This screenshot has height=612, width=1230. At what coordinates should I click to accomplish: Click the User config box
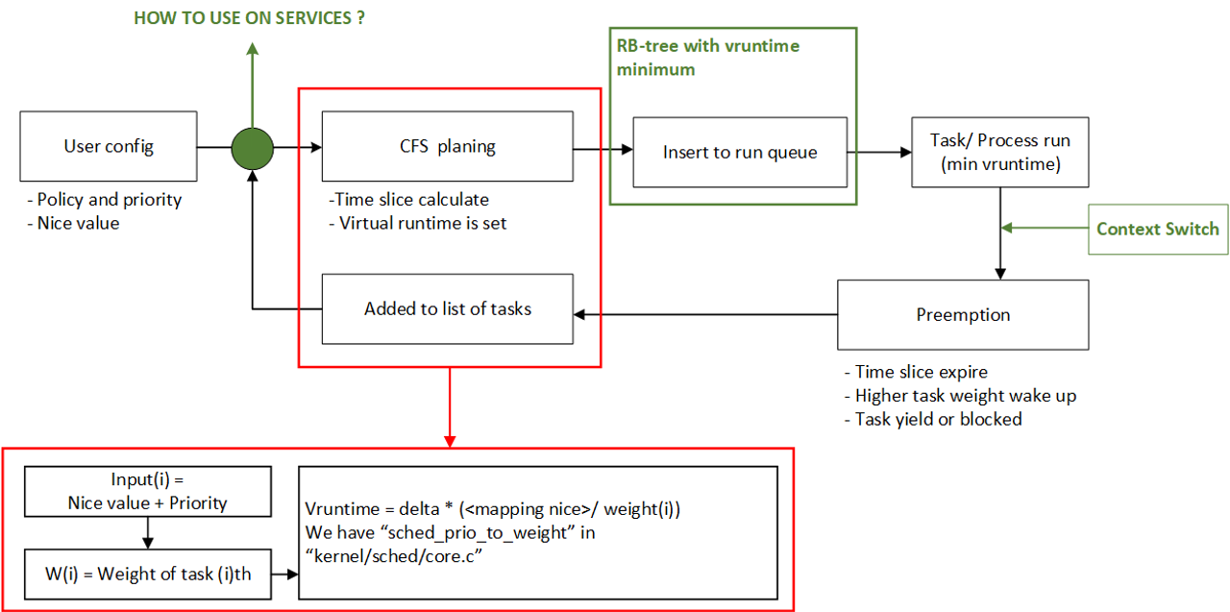click(x=109, y=146)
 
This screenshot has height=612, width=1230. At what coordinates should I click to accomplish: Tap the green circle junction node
click(x=253, y=147)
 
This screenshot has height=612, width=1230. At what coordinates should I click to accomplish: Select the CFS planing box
click(x=447, y=146)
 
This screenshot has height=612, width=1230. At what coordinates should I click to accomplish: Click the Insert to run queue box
click(x=740, y=152)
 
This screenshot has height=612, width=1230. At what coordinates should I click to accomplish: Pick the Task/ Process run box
click(x=999, y=152)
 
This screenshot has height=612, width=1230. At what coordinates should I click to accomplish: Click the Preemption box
click(x=963, y=315)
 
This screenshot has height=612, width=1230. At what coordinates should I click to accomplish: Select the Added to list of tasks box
click(x=447, y=308)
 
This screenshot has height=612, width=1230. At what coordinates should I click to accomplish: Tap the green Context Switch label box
click(x=1158, y=230)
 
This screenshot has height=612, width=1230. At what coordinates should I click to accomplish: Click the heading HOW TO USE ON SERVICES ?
click(x=249, y=18)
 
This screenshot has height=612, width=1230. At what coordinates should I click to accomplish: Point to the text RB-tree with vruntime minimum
click(x=707, y=58)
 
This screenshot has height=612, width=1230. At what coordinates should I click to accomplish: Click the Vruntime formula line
click(x=492, y=510)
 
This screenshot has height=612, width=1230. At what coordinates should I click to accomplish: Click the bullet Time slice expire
click(x=915, y=372)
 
